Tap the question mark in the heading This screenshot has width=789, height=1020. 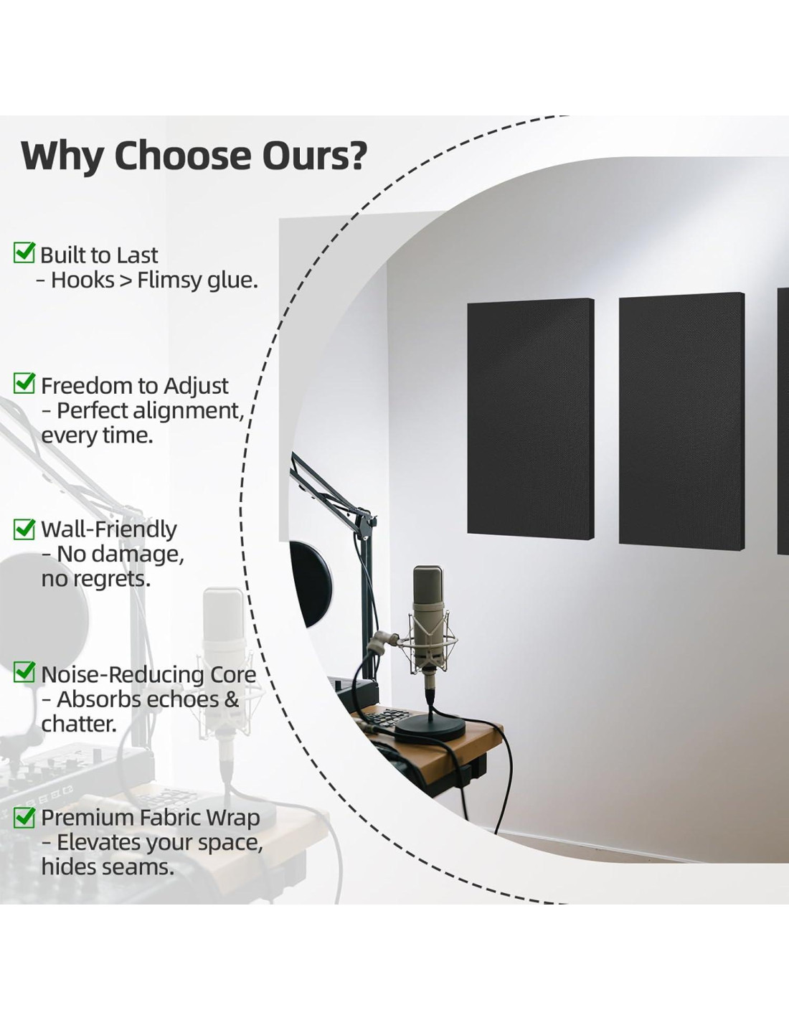[x=356, y=156]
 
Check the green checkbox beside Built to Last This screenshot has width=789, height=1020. [x=24, y=252]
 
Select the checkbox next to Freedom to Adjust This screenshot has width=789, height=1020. [x=24, y=383]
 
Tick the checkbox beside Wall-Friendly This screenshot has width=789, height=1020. [x=24, y=529]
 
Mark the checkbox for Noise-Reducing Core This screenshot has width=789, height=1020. [x=24, y=671]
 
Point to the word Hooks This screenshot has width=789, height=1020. [x=82, y=280]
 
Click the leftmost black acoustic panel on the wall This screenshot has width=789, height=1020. [x=531, y=417]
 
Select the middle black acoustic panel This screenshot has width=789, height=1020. [x=681, y=419]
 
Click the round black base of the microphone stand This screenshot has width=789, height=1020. [x=430, y=730]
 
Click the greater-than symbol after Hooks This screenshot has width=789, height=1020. [x=126, y=280]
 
